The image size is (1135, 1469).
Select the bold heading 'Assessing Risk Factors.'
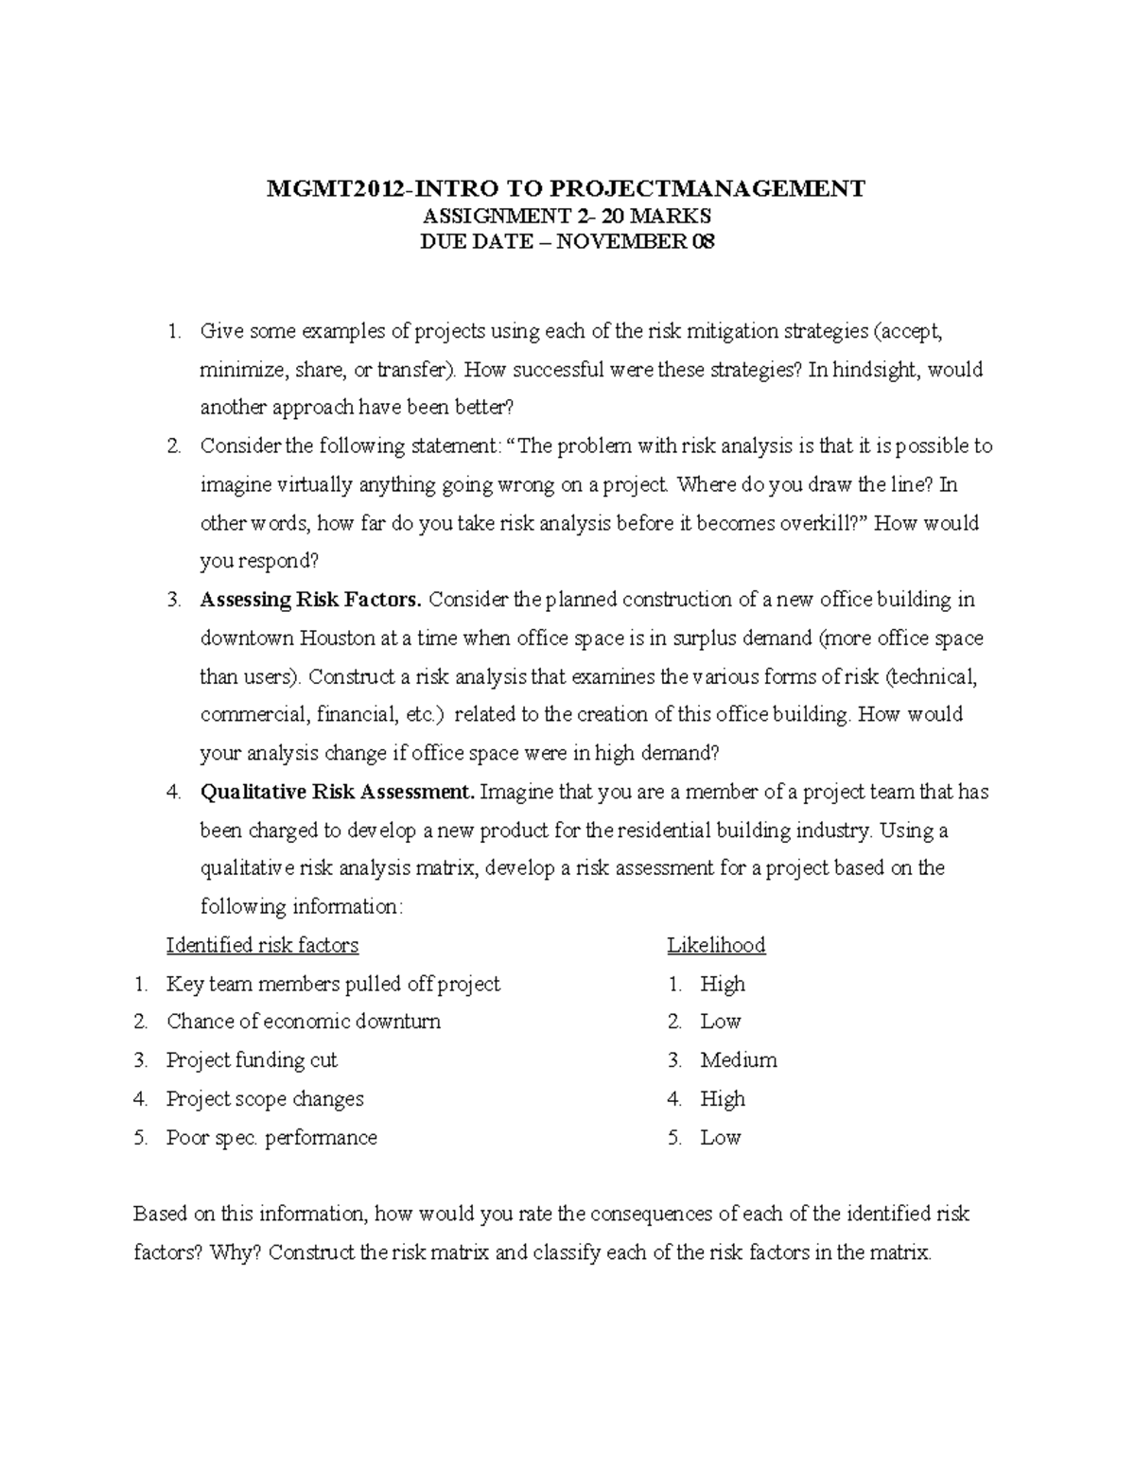tap(312, 600)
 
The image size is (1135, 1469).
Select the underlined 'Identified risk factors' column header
tap(262, 945)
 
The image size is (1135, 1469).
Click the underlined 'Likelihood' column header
tap(716, 945)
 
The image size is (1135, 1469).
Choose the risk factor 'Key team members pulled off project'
tap(333, 984)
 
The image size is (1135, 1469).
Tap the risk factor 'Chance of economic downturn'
tap(304, 1022)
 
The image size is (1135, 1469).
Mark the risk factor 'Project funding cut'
tap(252, 1060)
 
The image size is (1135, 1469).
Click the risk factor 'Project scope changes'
tap(265, 1099)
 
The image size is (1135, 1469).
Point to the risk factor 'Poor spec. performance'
tap(271, 1138)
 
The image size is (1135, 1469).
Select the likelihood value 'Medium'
tap(739, 1060)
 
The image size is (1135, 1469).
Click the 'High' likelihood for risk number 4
tap(723, 1099)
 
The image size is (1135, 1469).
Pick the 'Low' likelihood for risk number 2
tap(720, 1022)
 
